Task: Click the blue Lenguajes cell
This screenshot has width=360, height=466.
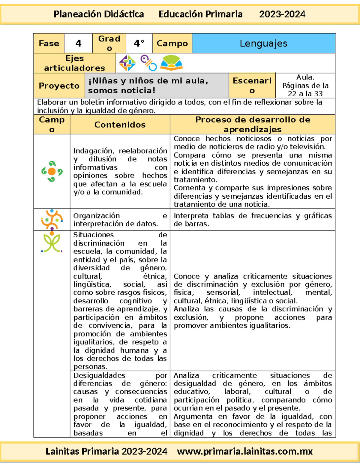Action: (x=263, y=44)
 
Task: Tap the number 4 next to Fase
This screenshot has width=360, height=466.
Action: (x=78, y=44)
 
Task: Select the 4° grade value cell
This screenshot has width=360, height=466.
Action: (x=139, y=44)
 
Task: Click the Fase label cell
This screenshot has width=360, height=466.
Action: (x=49, y=44)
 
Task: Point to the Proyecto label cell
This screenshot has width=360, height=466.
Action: (x=59, y=86)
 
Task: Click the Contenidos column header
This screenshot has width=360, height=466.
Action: (x=120, y=125)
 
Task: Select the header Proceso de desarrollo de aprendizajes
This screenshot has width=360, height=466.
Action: (x=253, y=125)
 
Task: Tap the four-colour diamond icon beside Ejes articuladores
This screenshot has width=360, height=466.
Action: (x=127, y=63)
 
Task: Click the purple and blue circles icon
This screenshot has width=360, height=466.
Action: (x=148, y=63)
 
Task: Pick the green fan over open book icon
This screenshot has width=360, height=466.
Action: (x=171, y=63)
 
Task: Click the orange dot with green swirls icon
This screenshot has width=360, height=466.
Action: (x=52, y=171)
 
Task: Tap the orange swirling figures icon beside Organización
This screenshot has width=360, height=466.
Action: (x=52, y=220)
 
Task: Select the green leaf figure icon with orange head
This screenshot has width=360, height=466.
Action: (x=52, y=242)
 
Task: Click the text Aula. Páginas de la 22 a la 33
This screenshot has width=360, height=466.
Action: (x=305, y=86)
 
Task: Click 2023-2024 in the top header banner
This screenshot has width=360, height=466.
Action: (x=282, y=14)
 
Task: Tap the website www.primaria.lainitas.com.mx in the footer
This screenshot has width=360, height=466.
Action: (x=245, y=451)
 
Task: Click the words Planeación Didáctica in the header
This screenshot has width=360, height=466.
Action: (x=99, y=14)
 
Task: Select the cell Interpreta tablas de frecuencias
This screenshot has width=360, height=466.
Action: (x=253, y=220)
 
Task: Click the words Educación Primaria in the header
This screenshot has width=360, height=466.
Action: (x=200, y=14)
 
